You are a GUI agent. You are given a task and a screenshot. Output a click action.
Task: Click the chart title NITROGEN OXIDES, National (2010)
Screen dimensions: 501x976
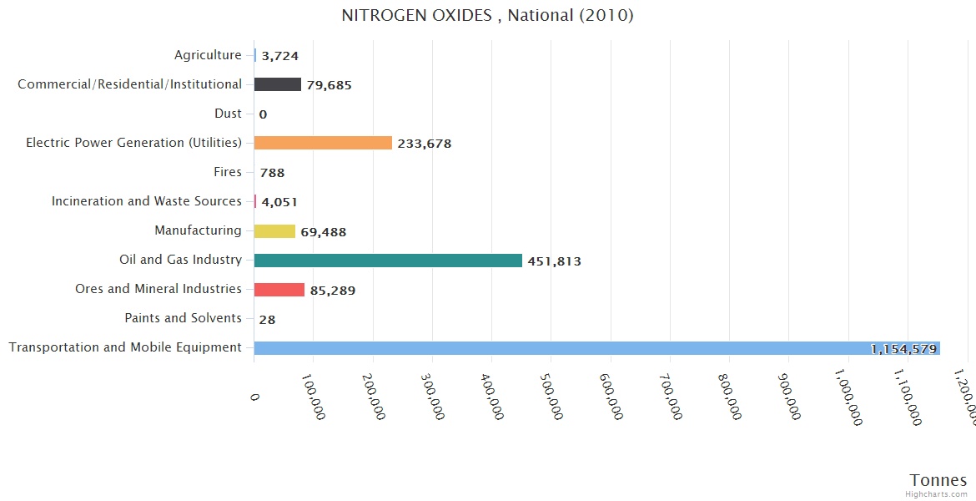487,15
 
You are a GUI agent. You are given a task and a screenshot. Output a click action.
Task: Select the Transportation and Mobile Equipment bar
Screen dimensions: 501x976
596,348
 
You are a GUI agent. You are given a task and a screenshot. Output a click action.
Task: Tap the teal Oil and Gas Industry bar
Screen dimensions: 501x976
388,261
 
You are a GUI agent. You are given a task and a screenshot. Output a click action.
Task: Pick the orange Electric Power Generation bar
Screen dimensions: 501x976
323,143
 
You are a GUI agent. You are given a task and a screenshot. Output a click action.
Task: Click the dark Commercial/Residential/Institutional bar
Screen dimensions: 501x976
278,84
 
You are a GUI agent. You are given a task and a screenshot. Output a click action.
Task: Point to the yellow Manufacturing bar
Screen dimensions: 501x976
274,231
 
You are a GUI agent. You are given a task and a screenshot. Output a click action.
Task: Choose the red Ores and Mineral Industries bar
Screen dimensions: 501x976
279,290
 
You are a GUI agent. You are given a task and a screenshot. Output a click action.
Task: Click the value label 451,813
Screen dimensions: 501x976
554,261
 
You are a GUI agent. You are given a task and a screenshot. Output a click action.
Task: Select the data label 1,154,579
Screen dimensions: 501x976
903,349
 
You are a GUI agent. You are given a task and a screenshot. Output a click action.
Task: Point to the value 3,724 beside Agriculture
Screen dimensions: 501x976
279,56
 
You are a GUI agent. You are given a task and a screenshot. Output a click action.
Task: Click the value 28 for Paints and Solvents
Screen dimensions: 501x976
267,319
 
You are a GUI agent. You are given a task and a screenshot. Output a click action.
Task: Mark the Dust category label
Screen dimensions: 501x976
228,114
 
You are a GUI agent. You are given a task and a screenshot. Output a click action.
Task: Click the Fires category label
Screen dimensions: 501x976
228,172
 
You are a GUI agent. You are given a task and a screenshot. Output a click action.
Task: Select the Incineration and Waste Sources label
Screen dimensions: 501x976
147,201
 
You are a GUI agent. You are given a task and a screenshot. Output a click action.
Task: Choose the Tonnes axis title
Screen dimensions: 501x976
938,480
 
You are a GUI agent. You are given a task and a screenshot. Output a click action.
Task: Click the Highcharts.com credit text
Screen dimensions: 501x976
937,494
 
